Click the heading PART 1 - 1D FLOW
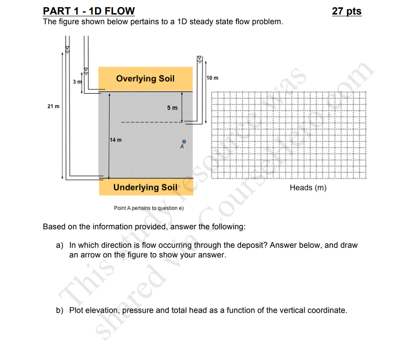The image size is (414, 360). click(x=89, y=11)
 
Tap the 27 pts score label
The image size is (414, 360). click(x=347, y=11)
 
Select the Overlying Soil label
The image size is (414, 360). click(x=145, y=78)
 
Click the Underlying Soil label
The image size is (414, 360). click(x=145, y=187)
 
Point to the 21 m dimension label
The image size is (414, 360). click(x=54, y=107)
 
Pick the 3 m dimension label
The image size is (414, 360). click(x=78, y=82)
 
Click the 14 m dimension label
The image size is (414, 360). click(x=116, y=140)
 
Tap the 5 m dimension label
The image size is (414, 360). click(x=172, y=108)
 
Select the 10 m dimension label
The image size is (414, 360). click(x=212, y=78)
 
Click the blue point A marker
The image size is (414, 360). click(x=185, y=141)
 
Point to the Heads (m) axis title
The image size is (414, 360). click(x=308, y=188)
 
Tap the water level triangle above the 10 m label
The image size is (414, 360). click(x=199, y=58)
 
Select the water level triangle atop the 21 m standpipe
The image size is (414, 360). click(x=68, y=48)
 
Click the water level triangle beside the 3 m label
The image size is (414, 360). click(x=86, y=70)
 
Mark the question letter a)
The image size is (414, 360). click(x=60, y=245)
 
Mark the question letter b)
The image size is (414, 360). click(x=60, y=310)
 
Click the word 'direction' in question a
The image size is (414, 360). click(x=116, y=245)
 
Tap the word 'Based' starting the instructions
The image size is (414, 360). click(x=53, y=227)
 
